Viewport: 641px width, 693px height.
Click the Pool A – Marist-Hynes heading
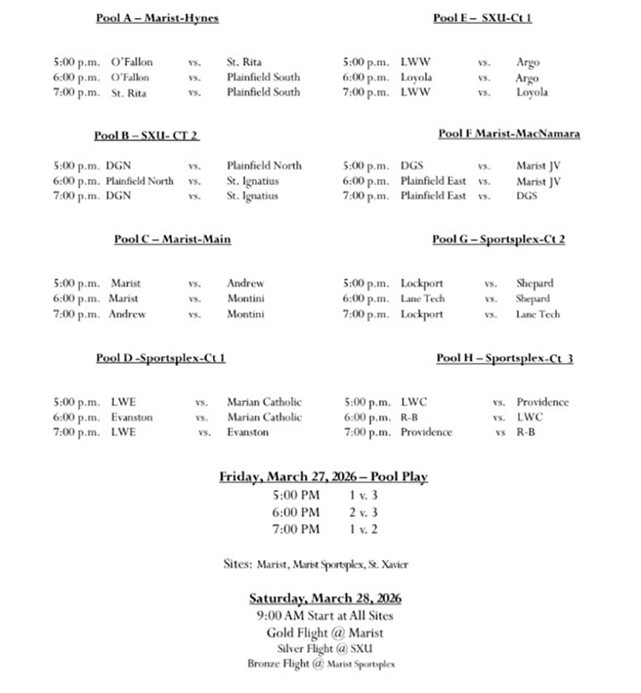157,18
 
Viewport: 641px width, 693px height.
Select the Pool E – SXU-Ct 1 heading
482,18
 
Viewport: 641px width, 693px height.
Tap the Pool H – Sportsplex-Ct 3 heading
504,358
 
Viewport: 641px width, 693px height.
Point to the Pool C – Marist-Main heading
172,238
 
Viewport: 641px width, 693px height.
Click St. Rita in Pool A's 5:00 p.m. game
244,62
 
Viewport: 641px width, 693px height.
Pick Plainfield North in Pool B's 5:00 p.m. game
264,166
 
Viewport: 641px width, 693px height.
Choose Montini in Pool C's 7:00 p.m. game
246,314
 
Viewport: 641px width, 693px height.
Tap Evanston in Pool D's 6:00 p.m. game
131,417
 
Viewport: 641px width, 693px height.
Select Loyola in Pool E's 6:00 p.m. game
416,77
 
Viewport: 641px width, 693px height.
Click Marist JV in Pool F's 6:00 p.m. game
539,180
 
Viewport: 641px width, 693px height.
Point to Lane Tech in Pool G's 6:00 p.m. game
423,299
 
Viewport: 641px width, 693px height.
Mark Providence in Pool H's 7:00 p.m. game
426,432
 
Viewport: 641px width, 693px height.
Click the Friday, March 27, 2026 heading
323,477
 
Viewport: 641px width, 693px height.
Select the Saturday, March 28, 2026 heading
325,598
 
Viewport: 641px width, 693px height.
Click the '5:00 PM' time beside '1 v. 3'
297,495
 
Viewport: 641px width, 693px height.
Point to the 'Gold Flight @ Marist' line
325,633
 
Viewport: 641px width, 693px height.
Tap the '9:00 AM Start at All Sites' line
325,616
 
